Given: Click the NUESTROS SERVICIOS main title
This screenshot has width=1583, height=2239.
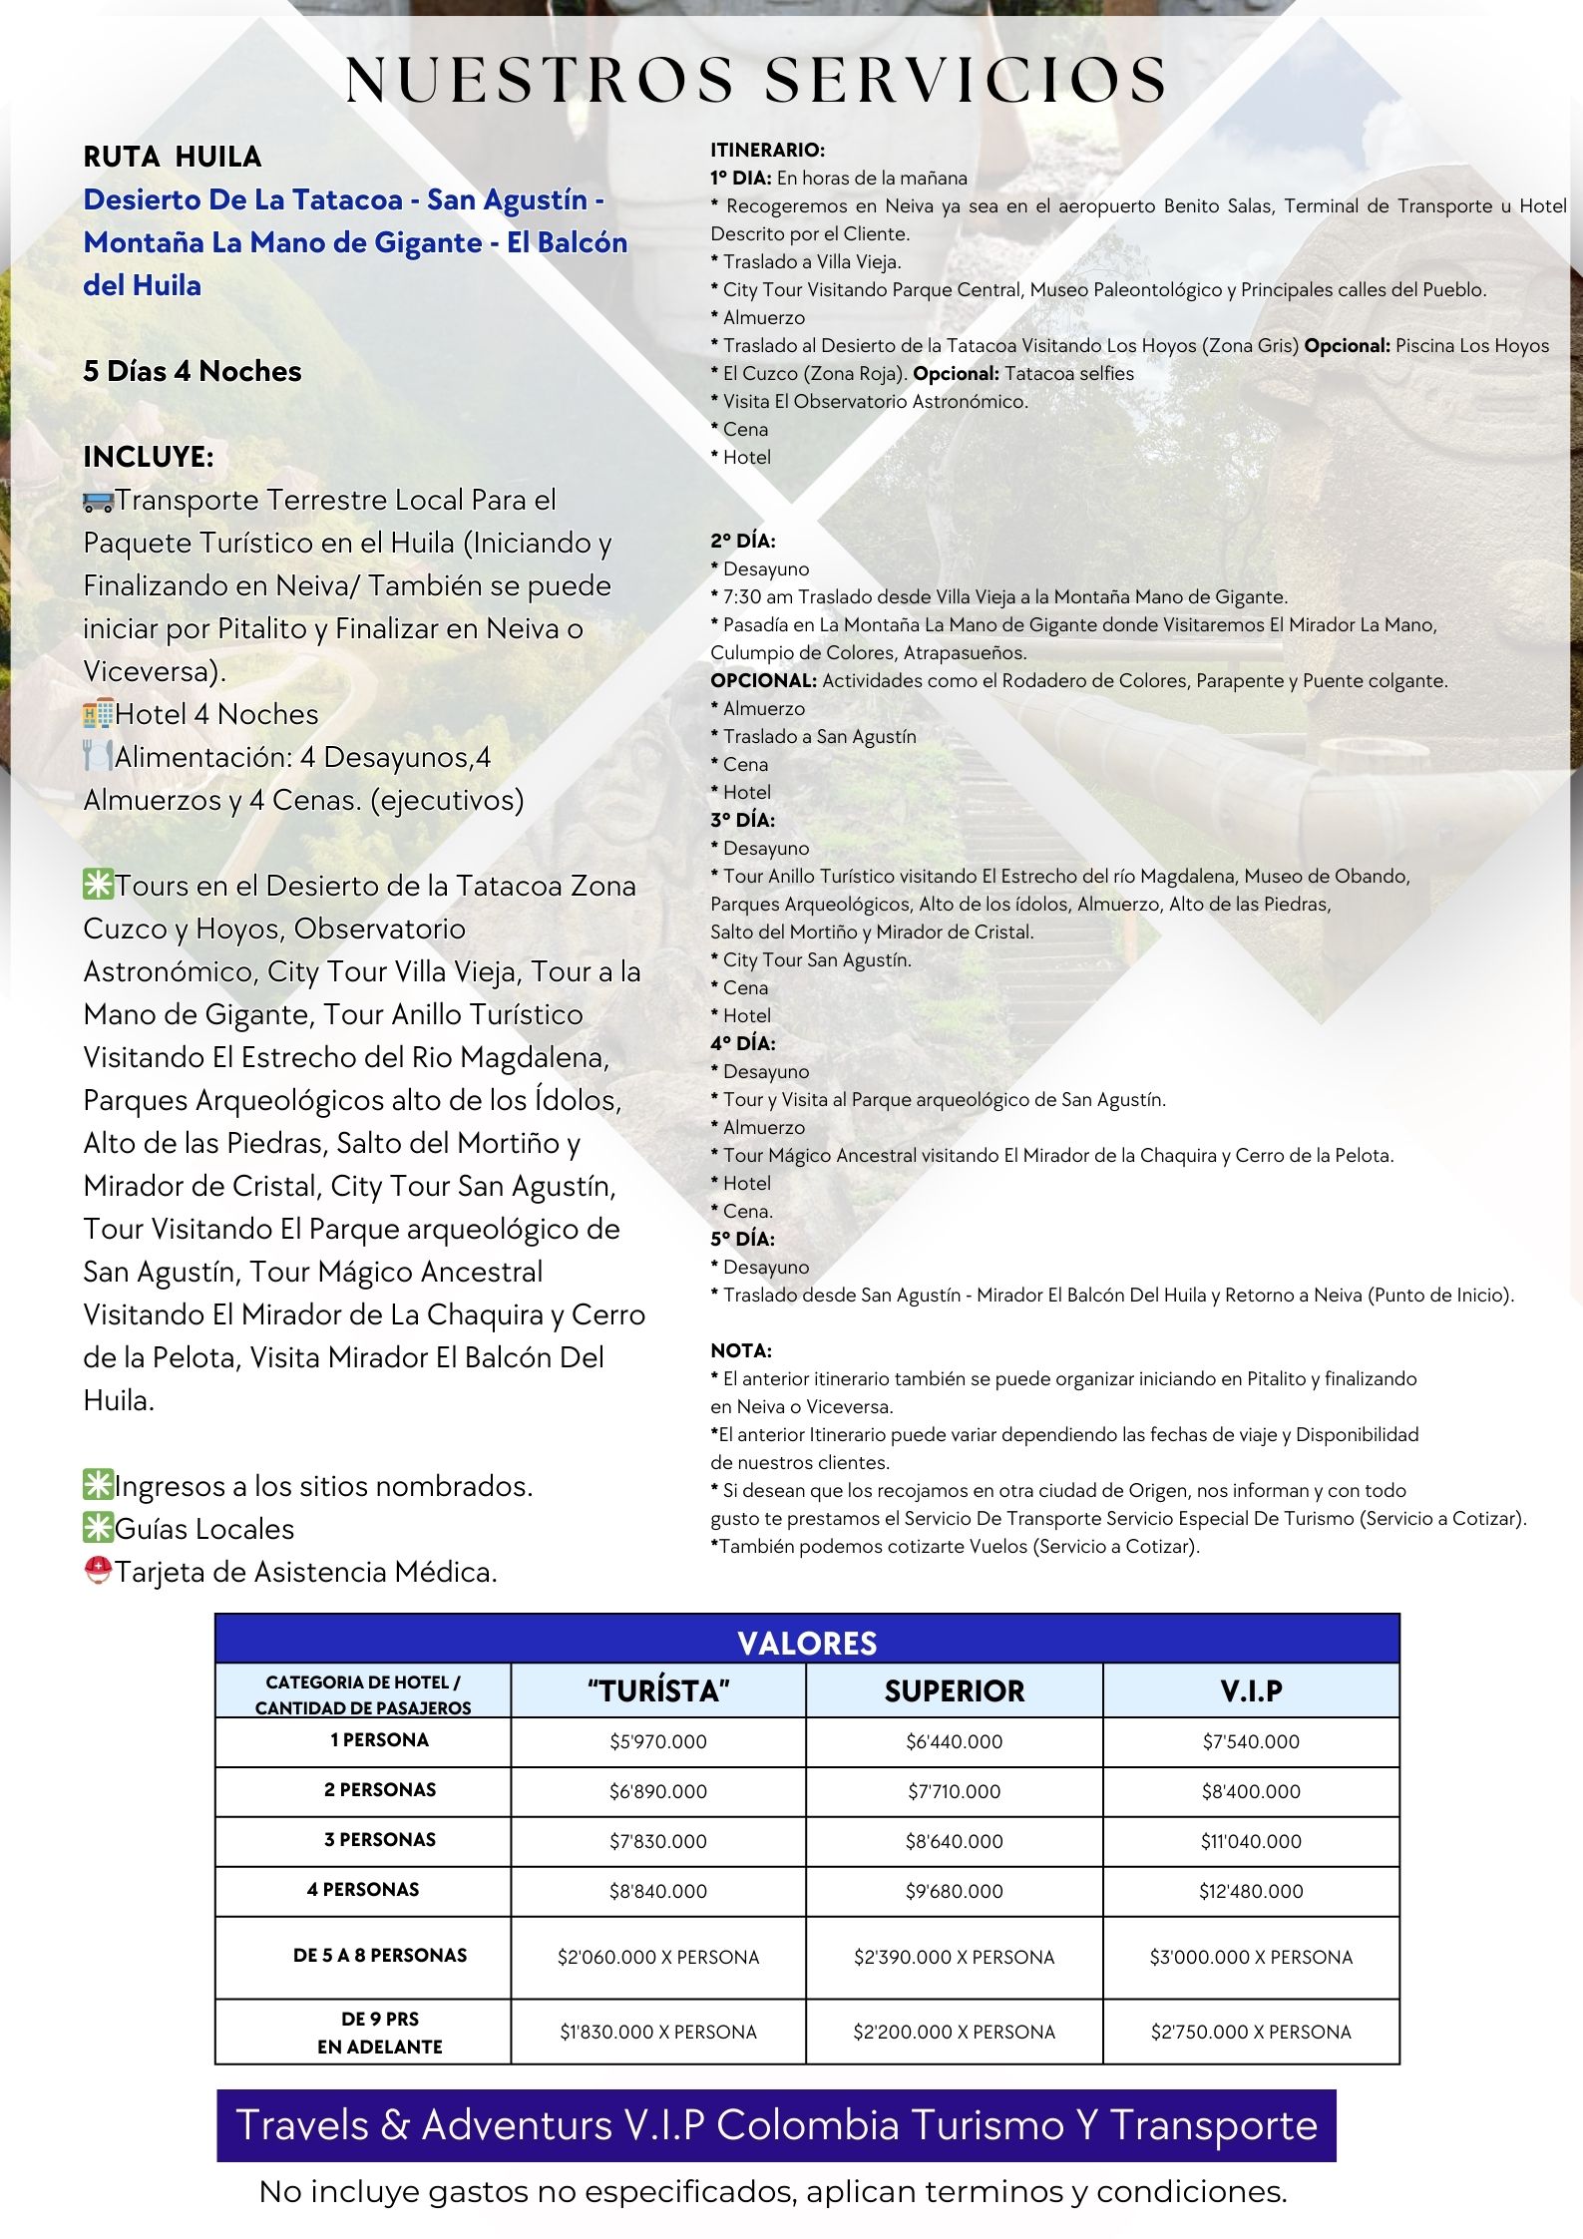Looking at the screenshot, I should (x=756, y=80).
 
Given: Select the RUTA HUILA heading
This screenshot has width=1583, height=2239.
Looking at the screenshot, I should (x=173, y=157).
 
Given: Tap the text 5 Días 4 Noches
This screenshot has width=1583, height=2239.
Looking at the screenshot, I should (x=193, y=371).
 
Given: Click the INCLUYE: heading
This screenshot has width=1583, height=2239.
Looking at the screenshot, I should (x=149, y=457).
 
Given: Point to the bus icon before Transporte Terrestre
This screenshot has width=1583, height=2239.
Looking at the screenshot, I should (x=98, y=501).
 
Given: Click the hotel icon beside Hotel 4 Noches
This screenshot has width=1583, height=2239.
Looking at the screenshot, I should (x=98, y=714).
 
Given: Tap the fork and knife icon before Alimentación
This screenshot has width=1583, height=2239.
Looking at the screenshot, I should (x=98, y=757).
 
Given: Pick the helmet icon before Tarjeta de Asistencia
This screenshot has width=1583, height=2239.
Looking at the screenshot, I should (x=98, y=1572).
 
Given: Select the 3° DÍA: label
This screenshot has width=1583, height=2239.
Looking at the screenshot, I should (x=742, y=820).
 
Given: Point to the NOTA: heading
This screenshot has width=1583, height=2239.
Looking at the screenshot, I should (x=741, y=1350).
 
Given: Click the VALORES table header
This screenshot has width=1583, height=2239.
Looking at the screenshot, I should (x=807, y=1643).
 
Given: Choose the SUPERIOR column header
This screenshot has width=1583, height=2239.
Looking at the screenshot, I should (x=954, y=1690).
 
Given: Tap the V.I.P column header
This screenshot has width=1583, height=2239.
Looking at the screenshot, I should (x=1251, y=1690).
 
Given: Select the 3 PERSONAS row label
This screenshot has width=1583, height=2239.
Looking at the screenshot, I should (x=380, y=1839).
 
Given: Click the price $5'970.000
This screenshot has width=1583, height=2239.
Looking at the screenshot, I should (x=658, y=1741).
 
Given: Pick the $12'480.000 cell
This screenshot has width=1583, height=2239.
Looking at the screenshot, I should (x=1251, y=1891).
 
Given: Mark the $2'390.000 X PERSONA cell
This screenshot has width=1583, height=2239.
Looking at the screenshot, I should (x=954, y=1957).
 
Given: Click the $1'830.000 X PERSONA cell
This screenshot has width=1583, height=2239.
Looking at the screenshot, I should (x=658, y=2032).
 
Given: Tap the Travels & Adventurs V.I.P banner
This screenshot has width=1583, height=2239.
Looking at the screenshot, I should (x=776, y=2125).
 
